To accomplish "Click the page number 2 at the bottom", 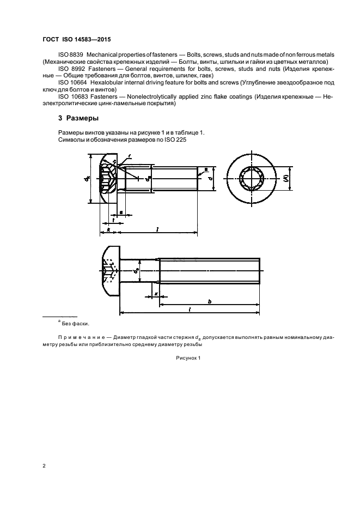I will [x=44, y=466].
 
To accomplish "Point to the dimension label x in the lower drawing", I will [x=156, y=294].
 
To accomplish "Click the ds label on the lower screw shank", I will [x=137, y=268].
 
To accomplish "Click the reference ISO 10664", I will [x=71, y=82].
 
